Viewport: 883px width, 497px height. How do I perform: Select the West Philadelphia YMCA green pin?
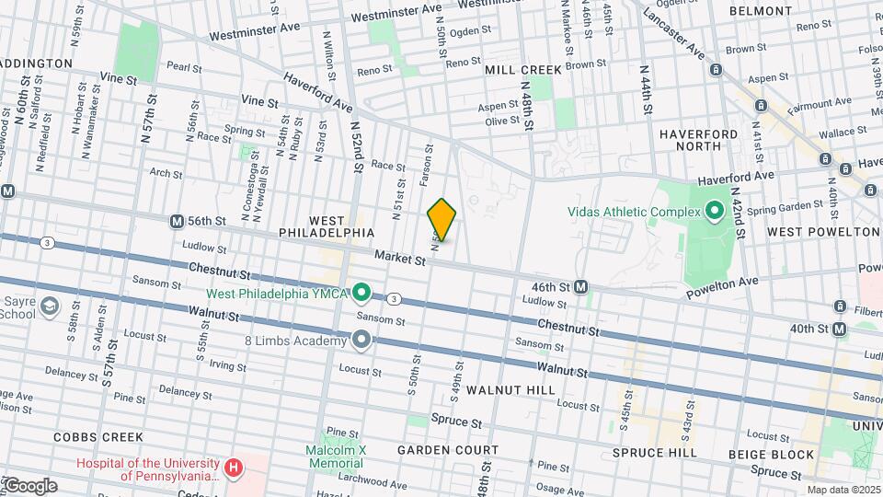(x=362, y=294)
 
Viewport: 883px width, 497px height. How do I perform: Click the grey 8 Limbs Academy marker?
(x=362, y=341)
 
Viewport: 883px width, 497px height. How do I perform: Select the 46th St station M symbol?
(x=581, y=287)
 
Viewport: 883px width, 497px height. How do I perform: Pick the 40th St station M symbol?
(x=839, y=329)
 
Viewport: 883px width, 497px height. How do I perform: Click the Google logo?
(x=29, y=486)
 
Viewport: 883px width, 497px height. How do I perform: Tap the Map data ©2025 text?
(x=843, y=490)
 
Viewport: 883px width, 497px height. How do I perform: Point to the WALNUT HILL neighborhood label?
(x=510, y=390)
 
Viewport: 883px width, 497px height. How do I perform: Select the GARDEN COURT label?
(x=448, y=450)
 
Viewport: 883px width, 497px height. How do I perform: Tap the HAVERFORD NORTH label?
(x=698, y=140)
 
